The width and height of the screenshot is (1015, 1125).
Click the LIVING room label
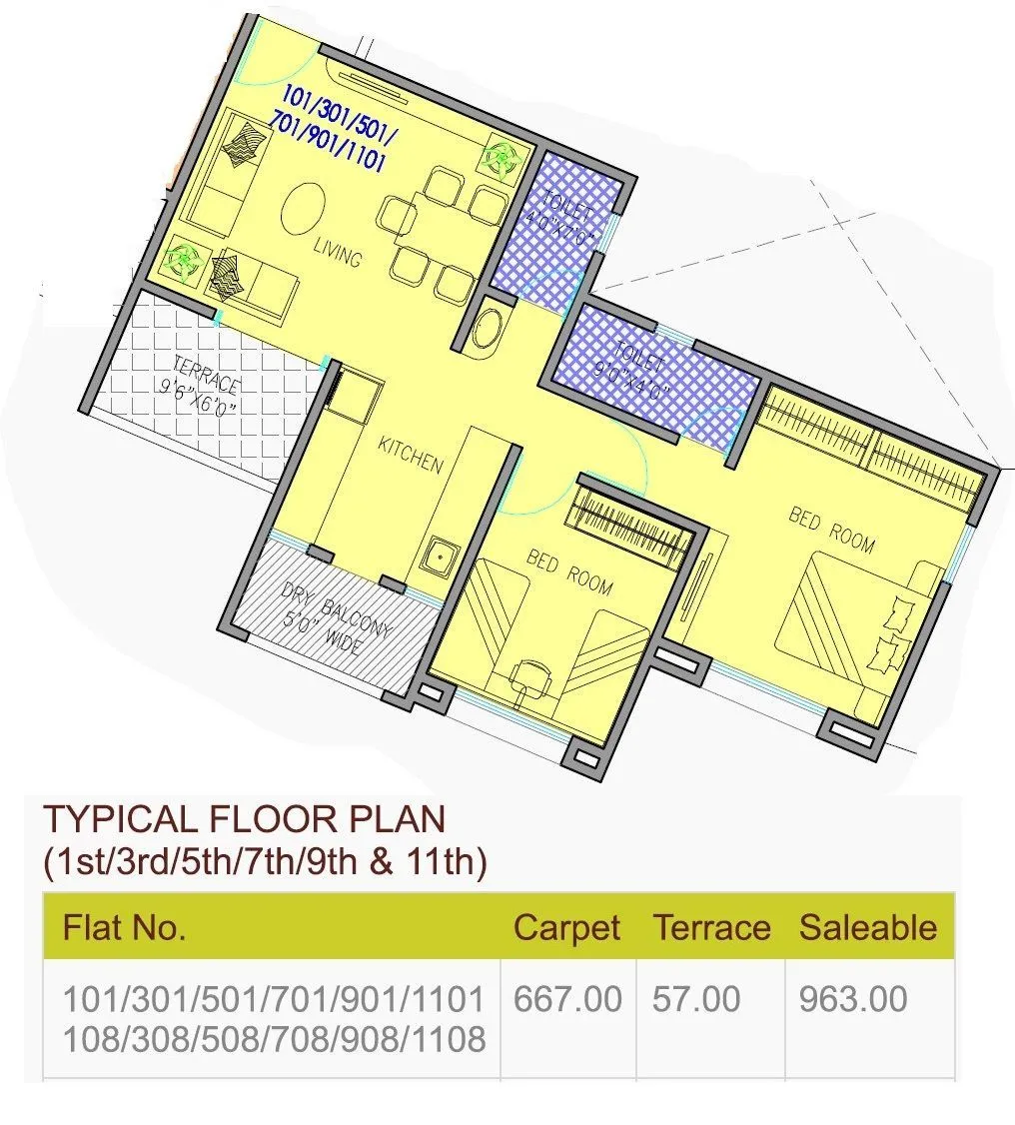(x=337, y=252)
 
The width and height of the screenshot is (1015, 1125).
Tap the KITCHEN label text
(x=410, y=455)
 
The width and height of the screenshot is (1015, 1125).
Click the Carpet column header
(x=566, y=927)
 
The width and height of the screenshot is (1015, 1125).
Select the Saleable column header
(x=867, y=927)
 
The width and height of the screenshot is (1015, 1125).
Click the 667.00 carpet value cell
(x=566, y=998)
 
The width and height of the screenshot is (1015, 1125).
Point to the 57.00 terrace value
(x=696, y=998)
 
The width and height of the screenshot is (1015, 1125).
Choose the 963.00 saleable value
(x=852, y=998)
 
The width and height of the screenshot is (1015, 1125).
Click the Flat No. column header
(x=124, y=927)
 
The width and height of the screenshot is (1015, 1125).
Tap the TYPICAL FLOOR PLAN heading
(x=244, y=819)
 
